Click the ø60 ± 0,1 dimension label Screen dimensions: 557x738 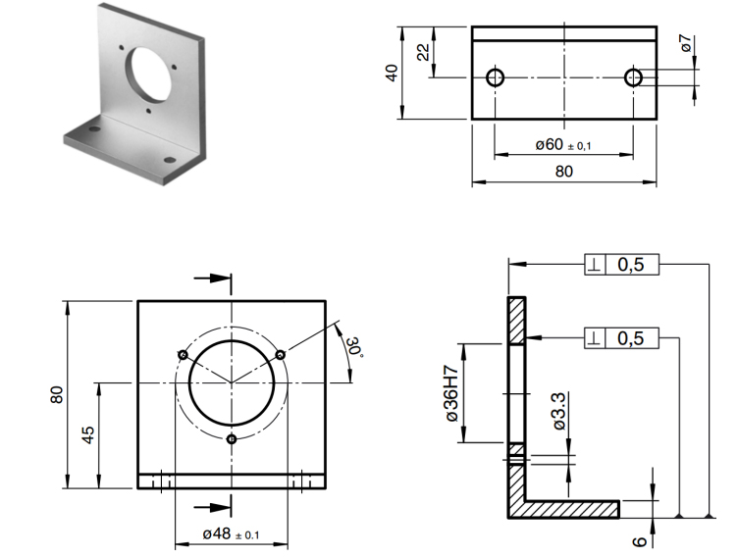tap(563, 145)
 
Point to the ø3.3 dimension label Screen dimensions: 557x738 tap(558, 413)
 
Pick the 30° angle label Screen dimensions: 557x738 tap(352, 346)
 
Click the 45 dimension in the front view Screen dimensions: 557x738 tap(87, 435)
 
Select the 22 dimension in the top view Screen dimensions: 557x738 tap(423, 52)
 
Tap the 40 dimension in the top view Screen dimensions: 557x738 tap(392, 73)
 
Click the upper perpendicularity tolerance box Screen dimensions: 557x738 tap(623, 265)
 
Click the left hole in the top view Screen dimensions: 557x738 tap(495, 76)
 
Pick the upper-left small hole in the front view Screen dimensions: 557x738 tap(182, 354)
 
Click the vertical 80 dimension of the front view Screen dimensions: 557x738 tap(57, 394)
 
